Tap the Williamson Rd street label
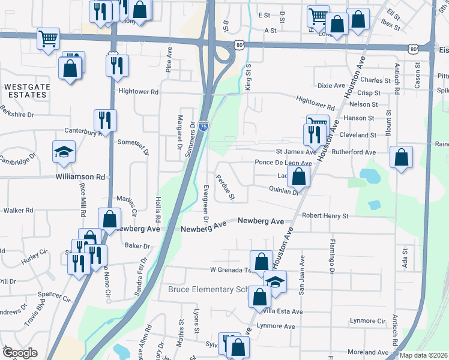(80, 177)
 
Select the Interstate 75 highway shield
(204, 127)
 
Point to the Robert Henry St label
(325, 215)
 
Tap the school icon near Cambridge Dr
(64, 152)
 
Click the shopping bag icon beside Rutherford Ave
(401, 158)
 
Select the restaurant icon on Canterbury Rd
(105, 121)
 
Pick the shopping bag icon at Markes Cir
(109, 219)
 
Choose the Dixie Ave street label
(331, 86)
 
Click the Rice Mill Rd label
(82, 202)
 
